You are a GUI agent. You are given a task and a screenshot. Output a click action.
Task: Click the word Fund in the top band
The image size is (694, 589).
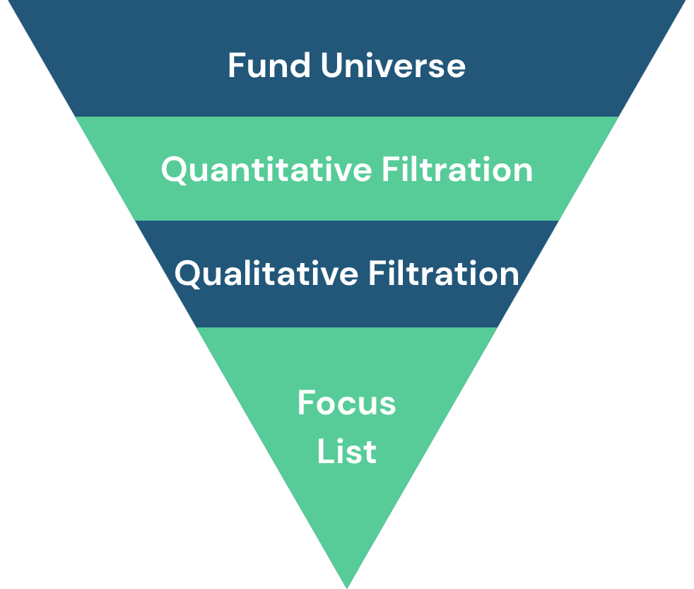click(x=269, y=65)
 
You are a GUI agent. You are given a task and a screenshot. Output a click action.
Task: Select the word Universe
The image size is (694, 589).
click(x=393, y=65)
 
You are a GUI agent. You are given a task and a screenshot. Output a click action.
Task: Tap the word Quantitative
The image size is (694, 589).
click(x=266, y=170)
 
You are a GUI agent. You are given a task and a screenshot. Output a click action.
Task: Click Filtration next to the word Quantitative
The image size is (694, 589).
click(x=458, y=169)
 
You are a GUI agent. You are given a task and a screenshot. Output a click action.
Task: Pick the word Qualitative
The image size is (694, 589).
click(x=266, y=274)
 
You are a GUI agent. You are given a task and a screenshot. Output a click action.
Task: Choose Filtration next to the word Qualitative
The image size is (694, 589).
click(x=444, y=273)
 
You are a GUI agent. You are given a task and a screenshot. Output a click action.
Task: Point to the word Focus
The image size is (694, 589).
click(x=346, y=402)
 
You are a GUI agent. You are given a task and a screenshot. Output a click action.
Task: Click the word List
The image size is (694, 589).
click(x=347, y=451)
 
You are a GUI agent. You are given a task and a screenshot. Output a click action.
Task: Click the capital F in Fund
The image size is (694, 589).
click(x=237, y=65)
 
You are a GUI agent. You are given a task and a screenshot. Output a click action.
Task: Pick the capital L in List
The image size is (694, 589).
click(x=325, y=451)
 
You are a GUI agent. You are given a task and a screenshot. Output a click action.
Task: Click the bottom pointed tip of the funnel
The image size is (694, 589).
click(x=347, y=588)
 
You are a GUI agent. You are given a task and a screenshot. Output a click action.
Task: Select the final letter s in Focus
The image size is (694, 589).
click(x=388, y=407)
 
